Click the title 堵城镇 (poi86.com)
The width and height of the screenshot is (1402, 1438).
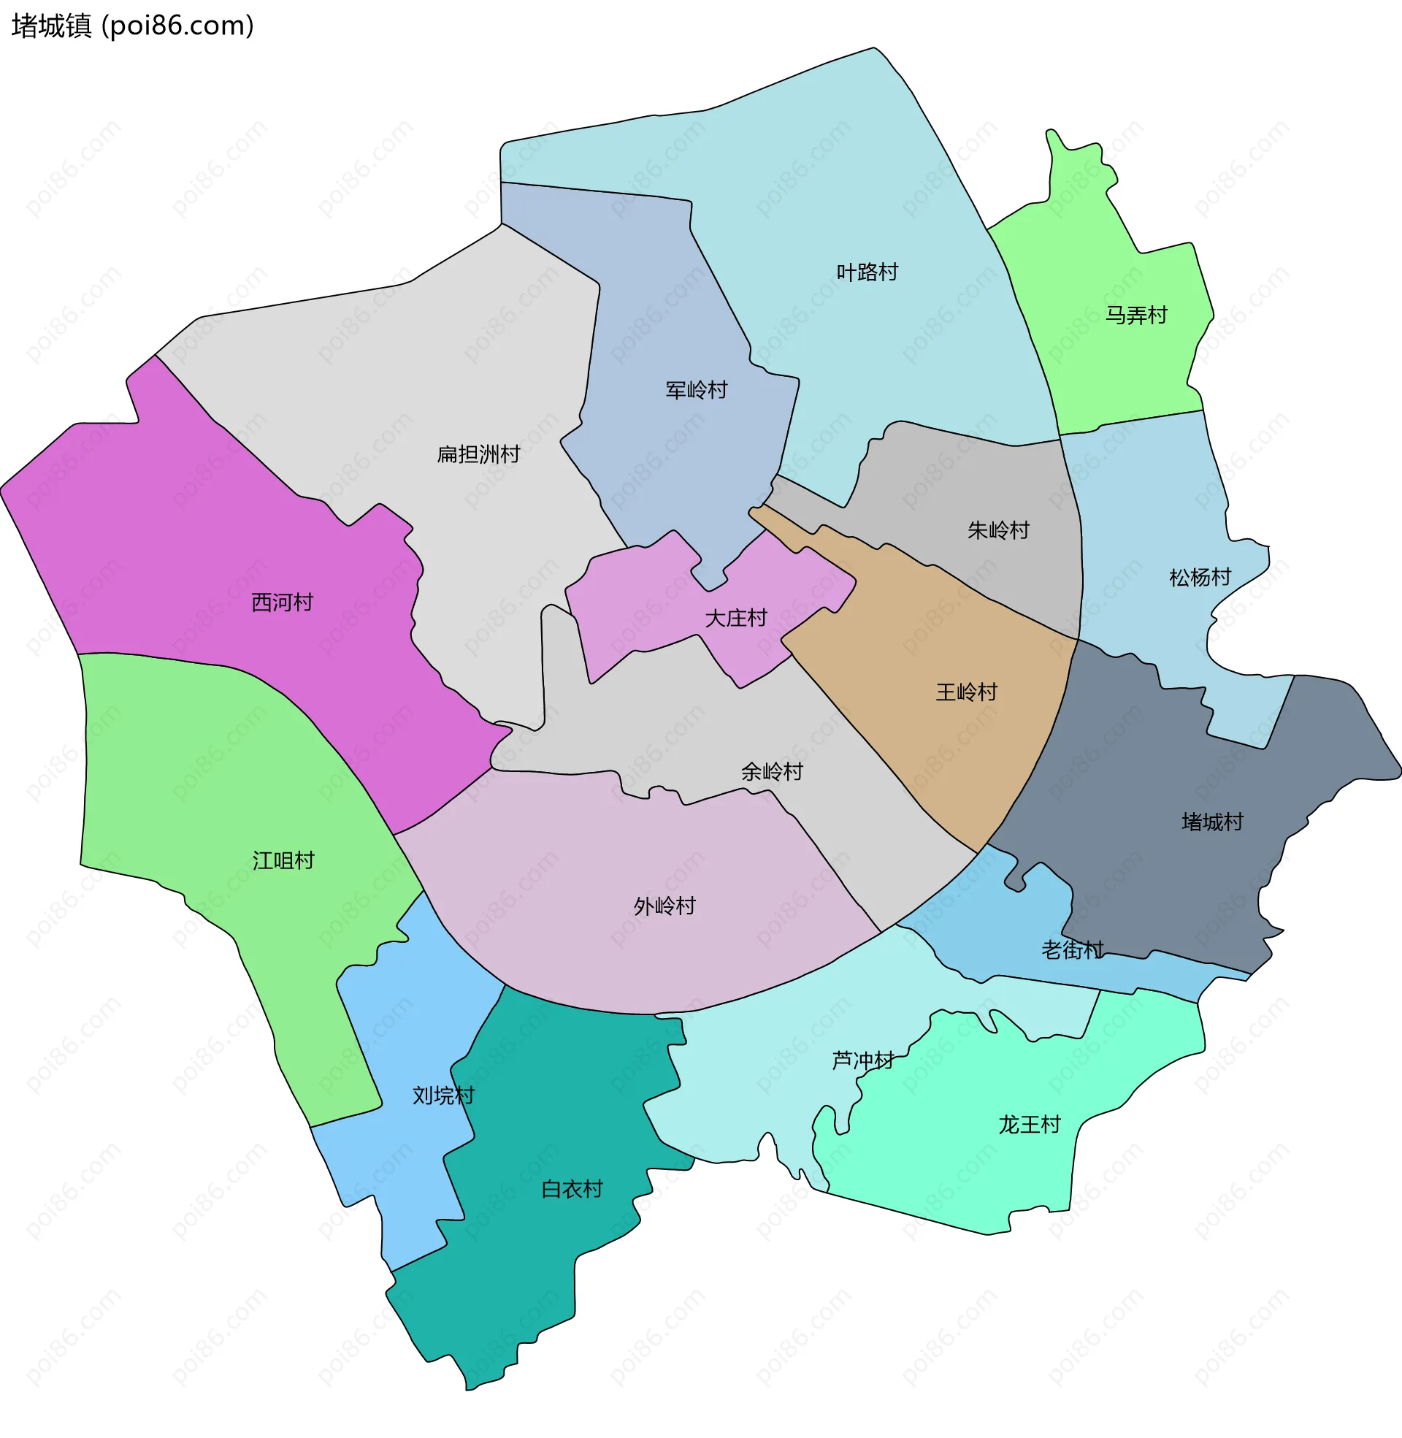133,26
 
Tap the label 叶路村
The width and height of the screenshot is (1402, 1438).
867,272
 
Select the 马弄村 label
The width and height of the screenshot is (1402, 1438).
1136,316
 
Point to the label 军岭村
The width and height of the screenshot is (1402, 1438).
696,390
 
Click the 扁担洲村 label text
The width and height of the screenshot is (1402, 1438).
478,454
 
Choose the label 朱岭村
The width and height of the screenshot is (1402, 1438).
997,530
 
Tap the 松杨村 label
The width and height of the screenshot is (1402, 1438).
1200,577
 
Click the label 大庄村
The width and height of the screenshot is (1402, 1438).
735,619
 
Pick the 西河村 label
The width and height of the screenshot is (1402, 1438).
282,603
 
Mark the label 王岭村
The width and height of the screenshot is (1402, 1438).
966,692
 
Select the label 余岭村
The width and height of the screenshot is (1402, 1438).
772,772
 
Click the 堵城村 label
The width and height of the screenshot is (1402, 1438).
1212,822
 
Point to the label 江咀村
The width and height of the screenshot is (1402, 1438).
283,861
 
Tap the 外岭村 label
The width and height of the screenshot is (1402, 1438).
664,906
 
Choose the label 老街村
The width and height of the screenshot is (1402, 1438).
1072,951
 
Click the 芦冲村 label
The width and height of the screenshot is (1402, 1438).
863,1061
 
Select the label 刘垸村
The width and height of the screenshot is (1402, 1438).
443,1096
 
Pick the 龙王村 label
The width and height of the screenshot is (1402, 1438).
1030,1125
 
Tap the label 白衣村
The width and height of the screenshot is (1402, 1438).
572,1190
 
